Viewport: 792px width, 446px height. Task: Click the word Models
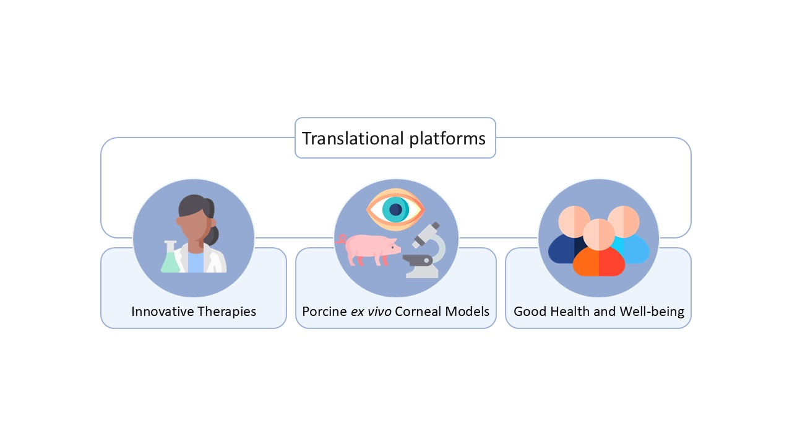(470, 311)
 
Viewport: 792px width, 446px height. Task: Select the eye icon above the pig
(395, 209)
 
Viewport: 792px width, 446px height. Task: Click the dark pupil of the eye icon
(395, 210)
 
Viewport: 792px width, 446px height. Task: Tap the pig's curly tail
(340, 239)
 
